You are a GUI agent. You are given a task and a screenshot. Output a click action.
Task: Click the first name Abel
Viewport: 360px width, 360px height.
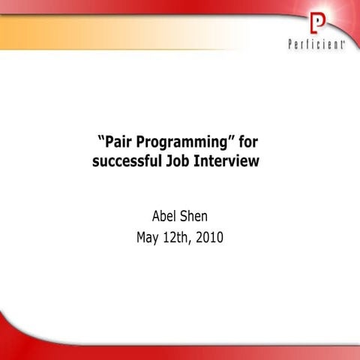tap(165, 217)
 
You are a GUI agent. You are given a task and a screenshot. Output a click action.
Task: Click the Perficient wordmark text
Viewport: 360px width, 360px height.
tap(317, 45)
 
